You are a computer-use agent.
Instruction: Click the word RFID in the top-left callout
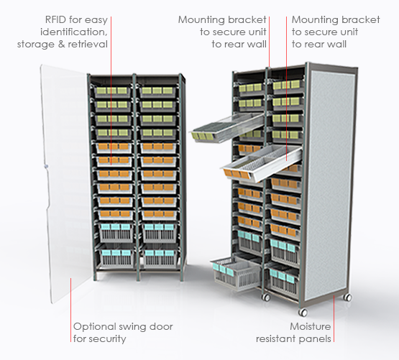55,19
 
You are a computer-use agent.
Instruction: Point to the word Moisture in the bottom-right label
311,326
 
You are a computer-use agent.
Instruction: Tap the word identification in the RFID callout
74,32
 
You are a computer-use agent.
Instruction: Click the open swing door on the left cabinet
65,183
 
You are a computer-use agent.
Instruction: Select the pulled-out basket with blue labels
235,274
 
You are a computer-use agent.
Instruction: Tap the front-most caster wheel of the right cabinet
303,312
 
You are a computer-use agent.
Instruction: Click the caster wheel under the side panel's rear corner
348,297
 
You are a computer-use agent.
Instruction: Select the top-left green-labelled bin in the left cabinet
112,91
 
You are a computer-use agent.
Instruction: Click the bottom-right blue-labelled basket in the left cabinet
160,257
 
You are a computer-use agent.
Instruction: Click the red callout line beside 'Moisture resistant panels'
334,318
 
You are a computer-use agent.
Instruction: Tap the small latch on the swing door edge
46,167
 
